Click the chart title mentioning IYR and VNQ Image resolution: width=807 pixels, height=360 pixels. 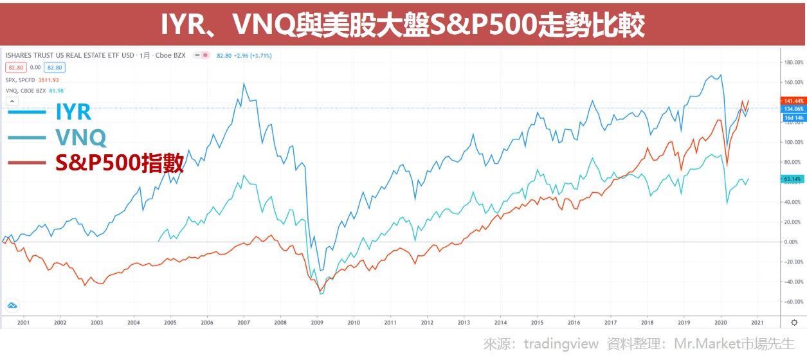coord(403,24)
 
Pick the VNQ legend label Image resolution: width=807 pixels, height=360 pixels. coord(80,137)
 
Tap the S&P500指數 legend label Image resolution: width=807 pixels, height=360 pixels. coord(120,163)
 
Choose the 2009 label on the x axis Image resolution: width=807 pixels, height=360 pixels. coord(317,323)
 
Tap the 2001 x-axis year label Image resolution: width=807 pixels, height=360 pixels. coord(23,323)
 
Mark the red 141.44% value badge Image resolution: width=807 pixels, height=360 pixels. coord(791,101)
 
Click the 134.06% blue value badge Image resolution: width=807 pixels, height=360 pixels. coord(791,109)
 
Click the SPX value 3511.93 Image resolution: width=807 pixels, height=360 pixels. coord(46,80)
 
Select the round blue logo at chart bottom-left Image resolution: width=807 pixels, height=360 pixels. coord(12,305)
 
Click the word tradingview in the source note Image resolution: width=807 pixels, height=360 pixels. coord(561,344)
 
